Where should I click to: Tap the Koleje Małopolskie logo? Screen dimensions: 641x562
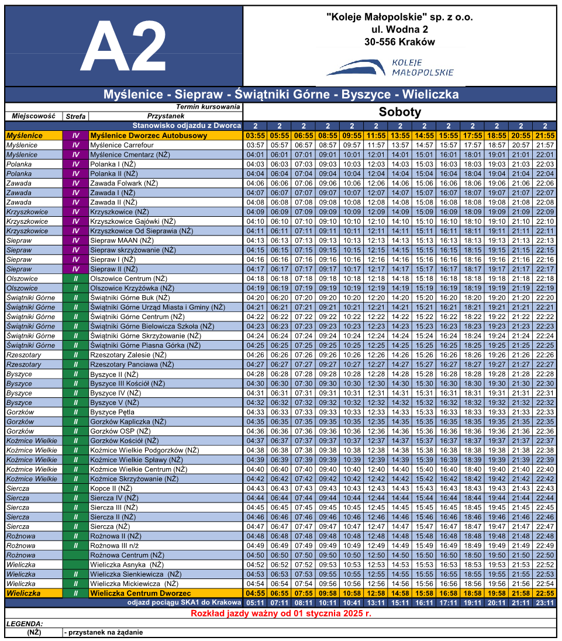pos(389,67)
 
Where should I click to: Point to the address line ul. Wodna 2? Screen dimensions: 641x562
pos(399,29)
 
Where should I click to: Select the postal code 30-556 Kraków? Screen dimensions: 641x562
pos(399,42)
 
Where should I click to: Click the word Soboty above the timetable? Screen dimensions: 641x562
pos(399,113)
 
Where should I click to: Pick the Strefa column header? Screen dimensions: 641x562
pos(75,116)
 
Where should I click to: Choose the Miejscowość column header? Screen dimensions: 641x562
pos(33,116)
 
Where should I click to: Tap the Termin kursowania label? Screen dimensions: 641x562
pos(208,107)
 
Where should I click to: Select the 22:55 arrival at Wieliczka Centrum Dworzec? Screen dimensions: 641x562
pos(544,593)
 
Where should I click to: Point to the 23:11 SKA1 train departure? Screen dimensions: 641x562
pos(544,602)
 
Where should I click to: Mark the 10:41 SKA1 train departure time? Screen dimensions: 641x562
pos(351,602)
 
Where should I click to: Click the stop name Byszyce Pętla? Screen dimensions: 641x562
pos(112,412)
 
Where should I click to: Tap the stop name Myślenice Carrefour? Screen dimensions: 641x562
pos(122,145)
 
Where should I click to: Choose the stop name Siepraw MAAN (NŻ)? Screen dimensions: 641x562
pos(122,240)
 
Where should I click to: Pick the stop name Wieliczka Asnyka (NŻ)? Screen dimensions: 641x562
pos(126,564)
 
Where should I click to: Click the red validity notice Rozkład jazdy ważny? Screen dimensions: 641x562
pos(281,614)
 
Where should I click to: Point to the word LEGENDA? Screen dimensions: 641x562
pos(25,623)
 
